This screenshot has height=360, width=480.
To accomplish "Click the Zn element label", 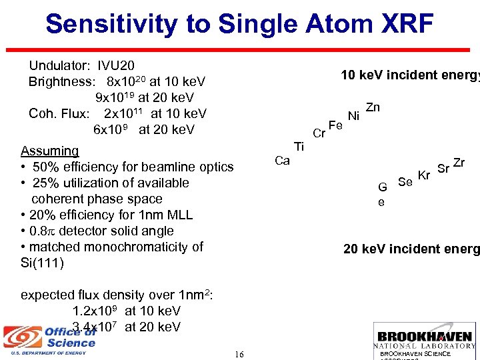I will [x=373, y=107].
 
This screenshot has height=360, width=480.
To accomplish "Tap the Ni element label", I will [x=354, y=117].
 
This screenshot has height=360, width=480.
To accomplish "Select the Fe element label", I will [x=336, y=125].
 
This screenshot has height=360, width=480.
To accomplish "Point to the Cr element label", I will [x=319, y=133].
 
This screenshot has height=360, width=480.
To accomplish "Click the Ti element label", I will [x=299, y=147].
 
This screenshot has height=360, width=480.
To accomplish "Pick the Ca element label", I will [x=282, y=161].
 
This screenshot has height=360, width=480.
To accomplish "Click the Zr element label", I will [x=459, y=162].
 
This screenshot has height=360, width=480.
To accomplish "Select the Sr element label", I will [x=443, y=167].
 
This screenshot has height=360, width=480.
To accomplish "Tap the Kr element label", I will [x=424, y=175].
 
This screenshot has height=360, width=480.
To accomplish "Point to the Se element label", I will [x=405, y=181].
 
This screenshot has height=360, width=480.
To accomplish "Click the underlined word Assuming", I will [x=50, y=151].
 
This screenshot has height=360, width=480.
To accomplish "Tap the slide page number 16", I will [x=239, y=354].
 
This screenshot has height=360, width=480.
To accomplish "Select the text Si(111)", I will [x=42, y=263].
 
